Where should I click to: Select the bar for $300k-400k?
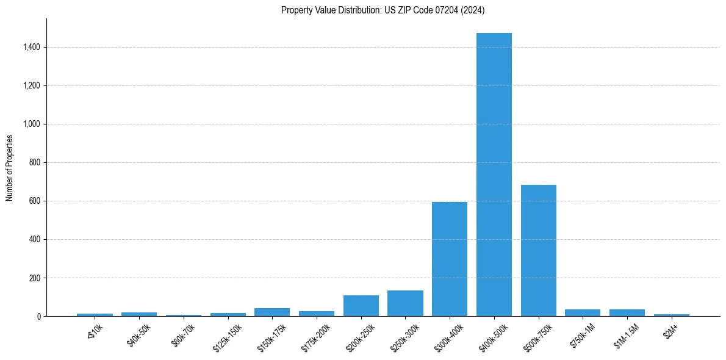(450, 259)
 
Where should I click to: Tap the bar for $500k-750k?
(538, 251)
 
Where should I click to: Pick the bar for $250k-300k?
(405, 303)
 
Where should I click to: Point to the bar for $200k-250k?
(361, 306)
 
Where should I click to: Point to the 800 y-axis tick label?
(34, 162)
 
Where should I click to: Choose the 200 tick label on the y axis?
(34, 278)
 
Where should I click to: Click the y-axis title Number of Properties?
(10, 167)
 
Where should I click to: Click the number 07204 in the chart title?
(451, 10)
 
